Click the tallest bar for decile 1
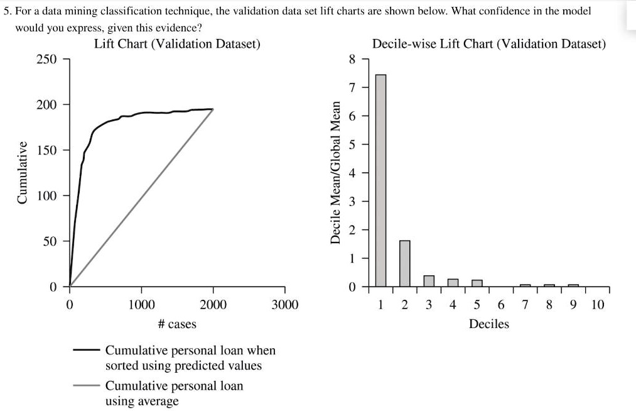click(x=380, y=180)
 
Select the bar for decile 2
click(x=404, y=263)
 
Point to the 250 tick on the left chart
click(x=45, y=59)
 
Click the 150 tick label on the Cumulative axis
click(x=45, y=150)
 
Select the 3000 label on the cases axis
click(x=284, y=305)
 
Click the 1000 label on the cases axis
click(x=141, y=305)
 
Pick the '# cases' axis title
click(x=177, y=324)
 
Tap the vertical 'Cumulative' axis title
click(x=22, y=173)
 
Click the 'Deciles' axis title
click(x=488, y=324)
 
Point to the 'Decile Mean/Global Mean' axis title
click(x=335, y=173)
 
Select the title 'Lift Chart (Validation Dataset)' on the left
click(x=177, y=44)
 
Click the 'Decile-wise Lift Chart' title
click(x=488, y=44)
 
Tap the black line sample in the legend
click(x=85, y=350)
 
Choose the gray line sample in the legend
click(x=85, y=385)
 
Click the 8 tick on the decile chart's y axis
click(x=352, y=60)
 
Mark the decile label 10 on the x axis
click(x=598, y=305)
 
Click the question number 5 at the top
click(x=6, y=11)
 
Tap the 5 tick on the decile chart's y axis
click(x=352, y=145)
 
